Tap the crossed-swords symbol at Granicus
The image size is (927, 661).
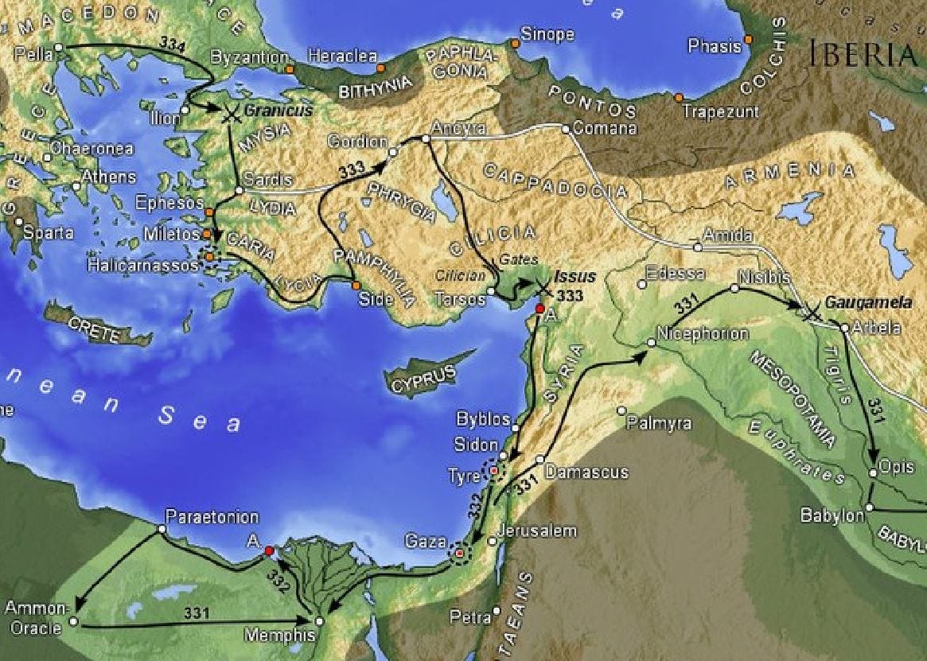pos(232,113)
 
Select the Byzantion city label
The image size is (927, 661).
pos(249,58)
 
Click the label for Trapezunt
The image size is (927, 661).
pos(720,111)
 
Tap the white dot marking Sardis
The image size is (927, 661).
pos(239,191)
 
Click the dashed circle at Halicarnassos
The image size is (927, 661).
pos(211,257)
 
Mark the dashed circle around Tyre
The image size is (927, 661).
pos(495,471)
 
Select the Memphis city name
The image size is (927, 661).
pos(280,636)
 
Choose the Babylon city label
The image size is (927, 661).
pos(832,515)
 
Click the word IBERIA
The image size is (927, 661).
pos(863,53)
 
